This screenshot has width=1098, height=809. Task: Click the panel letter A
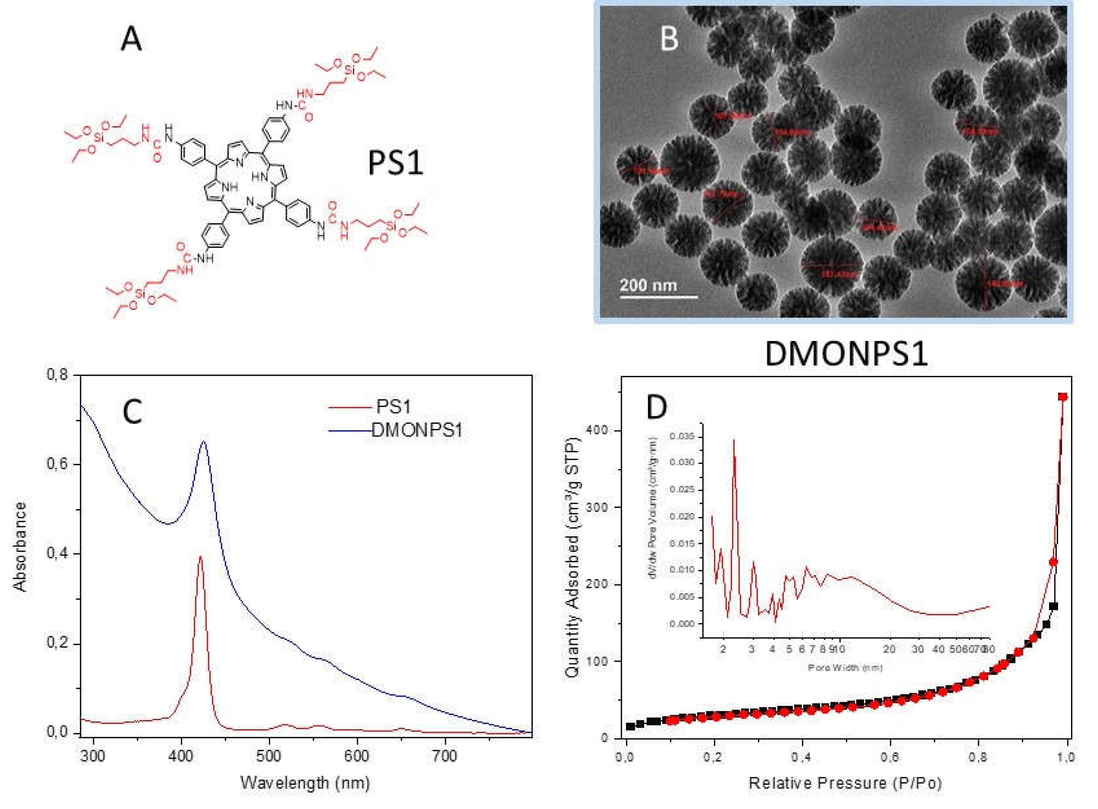pyautogui.click(x=131, y=39)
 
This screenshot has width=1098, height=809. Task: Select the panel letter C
pyautogui.click(x=132, y=412)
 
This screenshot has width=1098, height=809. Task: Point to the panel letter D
pyautogui.click(x=657, y=407)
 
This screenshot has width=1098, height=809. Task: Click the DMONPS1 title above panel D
pyautogui.click(x=846, y=353)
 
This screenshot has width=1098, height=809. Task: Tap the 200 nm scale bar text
pyautogui.click(x=648, y=285)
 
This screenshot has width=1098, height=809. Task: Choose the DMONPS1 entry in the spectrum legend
pyautogui.click(x=417, y=431)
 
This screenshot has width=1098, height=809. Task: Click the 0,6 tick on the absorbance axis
pyautogui.click(x=58, y=464)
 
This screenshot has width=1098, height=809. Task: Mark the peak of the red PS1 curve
pyautogui.click(x=200, y=557)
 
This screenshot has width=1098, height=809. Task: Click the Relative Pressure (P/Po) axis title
pyautogui.click(x=845, y=783)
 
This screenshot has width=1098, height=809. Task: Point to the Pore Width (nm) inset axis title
pyautogui.click(x=845, y=667)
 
